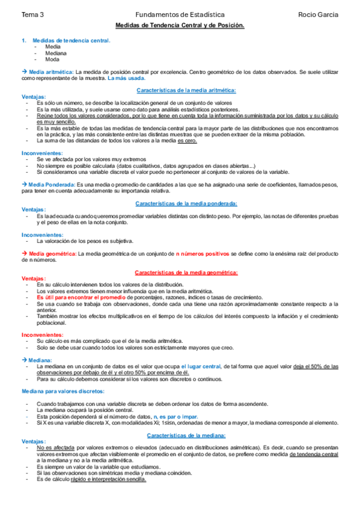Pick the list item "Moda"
pos(52,59)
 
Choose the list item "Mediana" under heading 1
pos(55,53)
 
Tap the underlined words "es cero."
pos(186,141)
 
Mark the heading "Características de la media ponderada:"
pos(186,204)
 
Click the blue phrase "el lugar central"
pos(200,366)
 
